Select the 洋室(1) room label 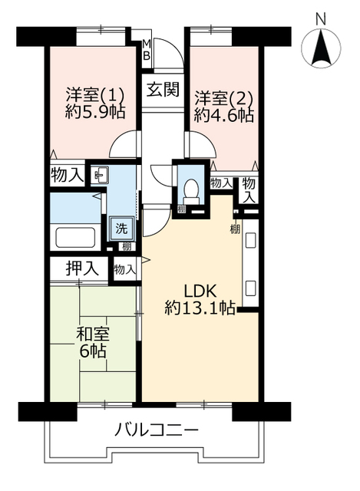coord(86,97)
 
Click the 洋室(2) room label coord(223,97)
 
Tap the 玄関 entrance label coord(163,90)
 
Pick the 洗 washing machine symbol coord(121,227)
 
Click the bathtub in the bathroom coord(75,236)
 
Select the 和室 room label coord(93,335)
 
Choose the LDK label coord(201,291)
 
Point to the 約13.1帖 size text coord(201,308)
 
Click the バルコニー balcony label coord(157,430)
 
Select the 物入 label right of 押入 coord(125,269)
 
